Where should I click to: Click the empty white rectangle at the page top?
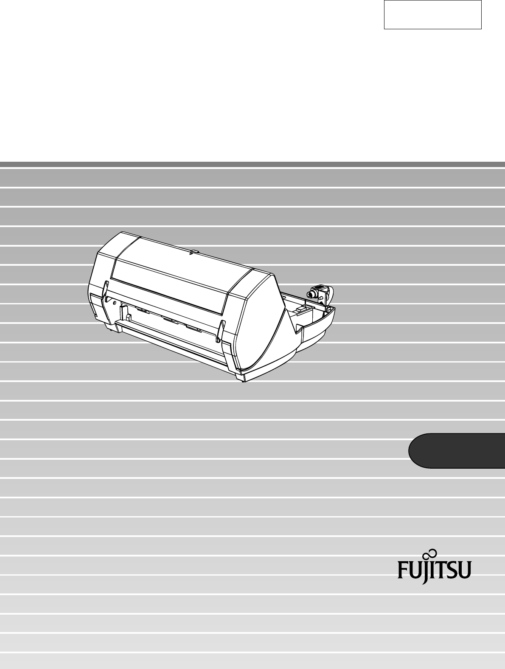[x=432, y=14]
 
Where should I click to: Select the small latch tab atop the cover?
[x=194, y=253]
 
